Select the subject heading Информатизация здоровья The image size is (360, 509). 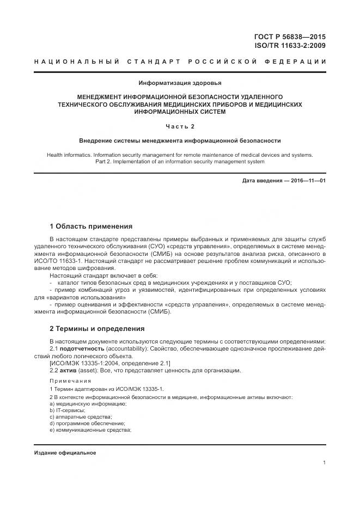180,83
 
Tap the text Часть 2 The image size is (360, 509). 180,127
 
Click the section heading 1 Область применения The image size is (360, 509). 91,226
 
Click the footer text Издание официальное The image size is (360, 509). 65,453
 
